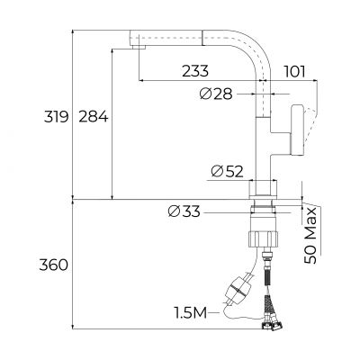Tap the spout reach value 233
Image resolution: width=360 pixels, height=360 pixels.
click(x=194, y=70)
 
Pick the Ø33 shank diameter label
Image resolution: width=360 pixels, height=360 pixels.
click(x=184, y=211)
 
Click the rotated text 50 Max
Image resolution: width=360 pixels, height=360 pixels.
click(x=310, y=234)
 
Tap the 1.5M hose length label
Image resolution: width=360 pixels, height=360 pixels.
click(x=191, y=312)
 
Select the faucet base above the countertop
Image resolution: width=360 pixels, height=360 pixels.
click(x=265, y=189)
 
